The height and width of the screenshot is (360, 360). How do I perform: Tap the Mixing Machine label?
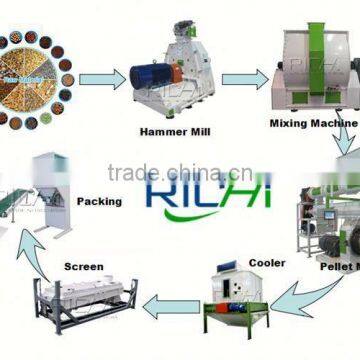(311, 125)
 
